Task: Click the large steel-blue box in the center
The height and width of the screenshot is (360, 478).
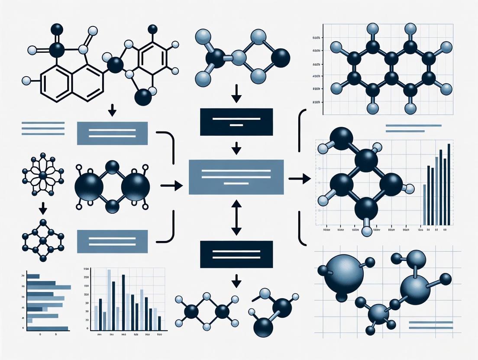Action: [236, 177]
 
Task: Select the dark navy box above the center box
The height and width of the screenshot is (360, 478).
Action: [236, 122]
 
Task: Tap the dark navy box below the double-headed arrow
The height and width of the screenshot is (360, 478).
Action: [236, 254]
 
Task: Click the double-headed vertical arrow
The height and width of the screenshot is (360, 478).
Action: [236, 217]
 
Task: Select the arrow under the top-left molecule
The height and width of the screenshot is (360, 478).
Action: [112, 110]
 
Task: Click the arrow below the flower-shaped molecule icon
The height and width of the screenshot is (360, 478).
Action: [42, 209]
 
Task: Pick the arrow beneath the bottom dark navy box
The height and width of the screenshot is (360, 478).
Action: [236, 281]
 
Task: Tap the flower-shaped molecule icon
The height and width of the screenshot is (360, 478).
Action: [42, 175]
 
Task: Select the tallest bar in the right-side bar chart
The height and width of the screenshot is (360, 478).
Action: [449, 184]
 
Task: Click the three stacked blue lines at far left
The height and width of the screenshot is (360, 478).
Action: [42, 128]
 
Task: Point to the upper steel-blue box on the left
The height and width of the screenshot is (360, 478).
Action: [112, 133]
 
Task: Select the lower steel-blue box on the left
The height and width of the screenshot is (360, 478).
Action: [112, 241]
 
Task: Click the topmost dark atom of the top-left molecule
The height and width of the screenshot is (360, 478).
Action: [57, 29]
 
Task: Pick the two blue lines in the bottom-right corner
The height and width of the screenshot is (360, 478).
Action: [431, 325]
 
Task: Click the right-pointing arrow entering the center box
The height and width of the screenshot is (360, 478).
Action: [171, 186]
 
